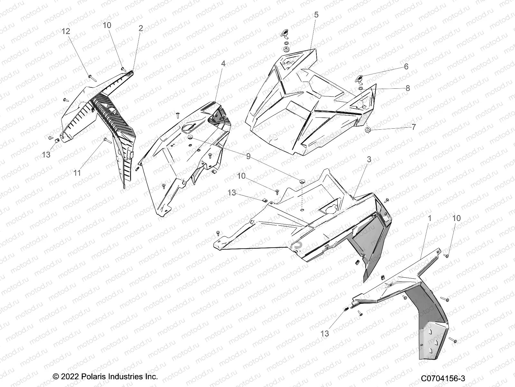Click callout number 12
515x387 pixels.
(x=66, y=31)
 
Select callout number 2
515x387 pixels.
(x=141, y=28)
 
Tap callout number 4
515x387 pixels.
(x=223, y=64)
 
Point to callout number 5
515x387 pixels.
(x=316, y=15)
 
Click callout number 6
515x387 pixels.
(x=406, y=66)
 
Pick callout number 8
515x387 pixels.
(x=407, y=88)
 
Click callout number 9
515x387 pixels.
(x=248, y=156)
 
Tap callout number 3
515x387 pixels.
(x=369, y=159)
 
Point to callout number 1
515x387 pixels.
(x=429, y=218)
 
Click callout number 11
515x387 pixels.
(x=77, y=173)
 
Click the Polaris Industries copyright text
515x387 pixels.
(x=105, y=377)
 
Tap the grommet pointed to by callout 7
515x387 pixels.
(x=367, y=130)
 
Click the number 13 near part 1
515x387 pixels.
(x=325, y=333)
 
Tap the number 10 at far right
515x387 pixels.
(x=456, y=218)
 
